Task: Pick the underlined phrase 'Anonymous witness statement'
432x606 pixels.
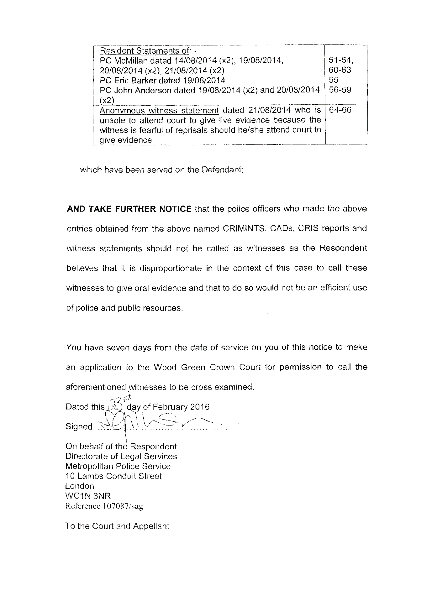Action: [x=159, y=111]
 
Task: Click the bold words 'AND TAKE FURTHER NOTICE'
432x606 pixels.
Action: [x=129, y=209]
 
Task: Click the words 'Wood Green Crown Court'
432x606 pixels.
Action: [x=207, y=367]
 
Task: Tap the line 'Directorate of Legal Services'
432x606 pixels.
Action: [x=121, y=456]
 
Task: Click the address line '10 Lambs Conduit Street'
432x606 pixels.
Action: [x=113, y=476]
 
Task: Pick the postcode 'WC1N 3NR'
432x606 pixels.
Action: [x=88, y=496]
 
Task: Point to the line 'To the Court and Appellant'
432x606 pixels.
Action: [x=117, y=526]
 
